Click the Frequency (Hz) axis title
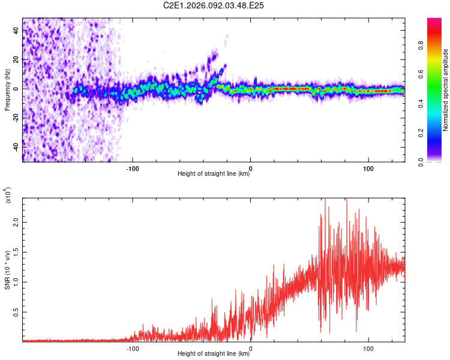7,89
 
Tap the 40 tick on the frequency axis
16,31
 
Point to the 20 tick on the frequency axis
16,60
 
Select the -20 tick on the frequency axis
16,118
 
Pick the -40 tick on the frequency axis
16,147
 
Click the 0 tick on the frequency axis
16,89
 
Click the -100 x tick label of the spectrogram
133,167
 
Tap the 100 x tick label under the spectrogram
368,167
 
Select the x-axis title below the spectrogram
214,174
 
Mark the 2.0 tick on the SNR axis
16,221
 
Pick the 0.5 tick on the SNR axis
16,313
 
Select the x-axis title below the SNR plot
214,354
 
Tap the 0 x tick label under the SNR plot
250,347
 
